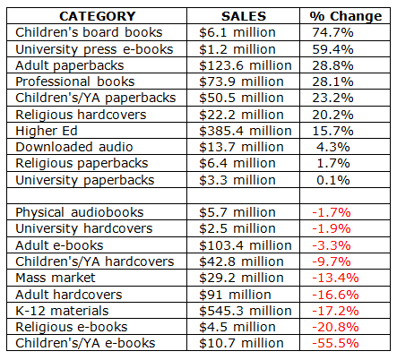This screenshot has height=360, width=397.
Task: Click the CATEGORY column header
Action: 98,16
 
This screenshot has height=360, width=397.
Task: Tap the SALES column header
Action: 244,16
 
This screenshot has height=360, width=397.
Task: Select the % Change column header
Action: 346,16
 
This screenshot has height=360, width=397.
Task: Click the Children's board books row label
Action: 89,32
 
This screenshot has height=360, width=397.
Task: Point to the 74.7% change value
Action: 332,32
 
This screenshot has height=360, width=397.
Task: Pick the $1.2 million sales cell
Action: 237,49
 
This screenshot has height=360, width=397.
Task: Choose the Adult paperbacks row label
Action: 70,66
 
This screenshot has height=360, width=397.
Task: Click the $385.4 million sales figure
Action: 246,131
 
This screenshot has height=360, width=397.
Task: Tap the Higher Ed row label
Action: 47,131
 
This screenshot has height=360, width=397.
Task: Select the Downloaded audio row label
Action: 74,147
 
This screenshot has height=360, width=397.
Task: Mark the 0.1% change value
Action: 333,180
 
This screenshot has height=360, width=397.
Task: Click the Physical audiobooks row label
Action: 80,213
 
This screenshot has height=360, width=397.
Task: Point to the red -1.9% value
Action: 332,228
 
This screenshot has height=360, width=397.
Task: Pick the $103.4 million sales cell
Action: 246,245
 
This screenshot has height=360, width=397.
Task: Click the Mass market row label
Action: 56,278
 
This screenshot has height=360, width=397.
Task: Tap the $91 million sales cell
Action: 235,295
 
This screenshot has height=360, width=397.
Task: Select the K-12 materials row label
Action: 62,311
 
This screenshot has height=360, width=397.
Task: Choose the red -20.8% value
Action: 335,327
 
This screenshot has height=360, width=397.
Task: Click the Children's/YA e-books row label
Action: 85,343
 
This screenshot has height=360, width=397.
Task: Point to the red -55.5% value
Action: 335,343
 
